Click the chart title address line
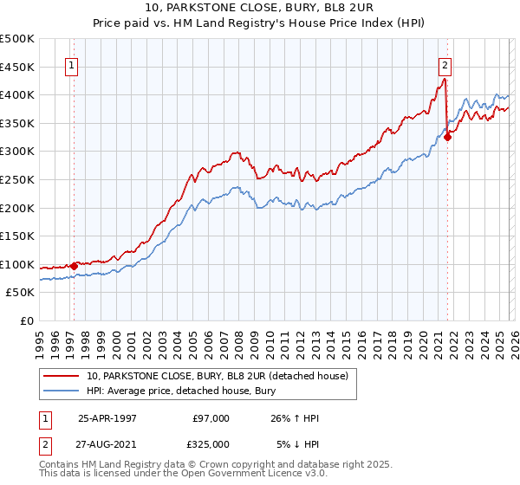point(259,10)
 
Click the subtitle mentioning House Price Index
point(259,24)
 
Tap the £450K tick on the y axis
point(17,66)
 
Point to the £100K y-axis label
point(17,264)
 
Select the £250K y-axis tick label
point(17,179)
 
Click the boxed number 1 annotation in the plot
point(70,64)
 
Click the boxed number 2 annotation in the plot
point(445,64)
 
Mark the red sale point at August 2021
point(448,136)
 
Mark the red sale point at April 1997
point(75,266)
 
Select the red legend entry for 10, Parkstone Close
point(217,376)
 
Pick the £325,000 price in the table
point(211,444)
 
